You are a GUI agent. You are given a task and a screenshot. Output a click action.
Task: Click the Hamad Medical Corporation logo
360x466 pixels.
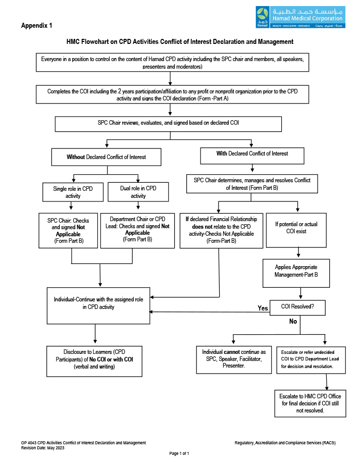(x=300, y=17)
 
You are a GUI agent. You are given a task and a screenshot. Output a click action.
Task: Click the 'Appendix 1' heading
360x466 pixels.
(x=36, y=26)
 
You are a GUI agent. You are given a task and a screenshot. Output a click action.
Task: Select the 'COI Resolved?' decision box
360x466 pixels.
(x=297, y=307)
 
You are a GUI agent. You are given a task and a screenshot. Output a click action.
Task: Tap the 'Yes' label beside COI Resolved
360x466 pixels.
(x=263, y=308)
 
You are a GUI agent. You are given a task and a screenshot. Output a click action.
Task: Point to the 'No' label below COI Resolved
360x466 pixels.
(x=293, y=321)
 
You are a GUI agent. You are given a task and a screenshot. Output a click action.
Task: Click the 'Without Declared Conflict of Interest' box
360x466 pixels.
(x=107, y=157)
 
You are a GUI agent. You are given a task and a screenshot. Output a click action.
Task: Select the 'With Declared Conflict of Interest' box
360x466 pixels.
(x=252, y=156)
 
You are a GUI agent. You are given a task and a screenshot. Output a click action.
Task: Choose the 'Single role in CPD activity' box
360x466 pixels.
(x=73, y=192)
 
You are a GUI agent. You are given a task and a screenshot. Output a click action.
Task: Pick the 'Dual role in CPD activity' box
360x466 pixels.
(x=138, y=192)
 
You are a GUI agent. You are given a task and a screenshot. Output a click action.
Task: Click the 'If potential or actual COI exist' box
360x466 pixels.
(x=296, y=230)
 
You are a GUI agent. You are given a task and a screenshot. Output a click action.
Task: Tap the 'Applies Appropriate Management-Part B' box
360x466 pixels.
(x=296, y=273)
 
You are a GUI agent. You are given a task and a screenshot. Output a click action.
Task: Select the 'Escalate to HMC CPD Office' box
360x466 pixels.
(x=310, y=403)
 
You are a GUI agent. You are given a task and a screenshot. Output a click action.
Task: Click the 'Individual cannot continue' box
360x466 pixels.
(x=234, y=359)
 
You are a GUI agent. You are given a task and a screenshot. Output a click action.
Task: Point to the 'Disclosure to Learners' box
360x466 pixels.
(x=94, y=361)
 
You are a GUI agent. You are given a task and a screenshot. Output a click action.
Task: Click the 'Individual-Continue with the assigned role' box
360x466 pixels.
(x=98, y=305)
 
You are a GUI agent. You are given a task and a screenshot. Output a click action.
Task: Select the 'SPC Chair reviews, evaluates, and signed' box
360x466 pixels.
(x=168, y=124)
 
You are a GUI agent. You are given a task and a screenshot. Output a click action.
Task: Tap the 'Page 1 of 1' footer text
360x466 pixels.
(x=179, y=453)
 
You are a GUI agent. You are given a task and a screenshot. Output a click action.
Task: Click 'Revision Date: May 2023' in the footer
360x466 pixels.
(x=42, y=448)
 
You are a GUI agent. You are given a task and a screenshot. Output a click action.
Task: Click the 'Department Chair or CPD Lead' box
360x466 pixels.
(x=137, y=230)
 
